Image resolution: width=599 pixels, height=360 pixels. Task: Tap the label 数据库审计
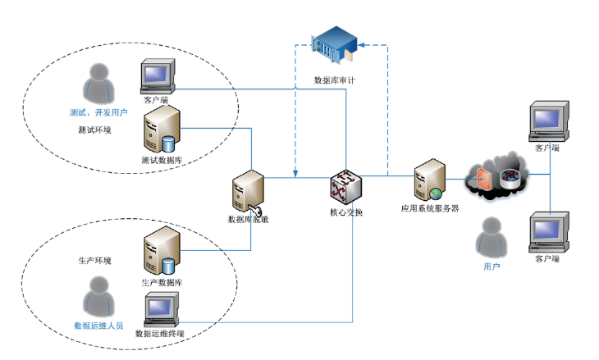pyautogui.click(x=335, y=80)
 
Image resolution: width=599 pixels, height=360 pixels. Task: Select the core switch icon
pyautogui.click(x=345, y=186)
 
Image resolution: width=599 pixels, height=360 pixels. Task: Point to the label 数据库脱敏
pyautogui.click(x=248, y=220)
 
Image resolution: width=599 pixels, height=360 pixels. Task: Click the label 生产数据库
pyautogui.click(x=162, y=282)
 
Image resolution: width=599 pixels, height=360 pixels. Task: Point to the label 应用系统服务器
pyautogui.click(x=429, y=208)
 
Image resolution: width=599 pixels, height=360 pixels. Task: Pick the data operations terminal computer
pyautogui.click(x=160, y=310)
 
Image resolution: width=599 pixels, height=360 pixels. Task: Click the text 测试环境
pyautogui.click(x=94, y=130)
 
